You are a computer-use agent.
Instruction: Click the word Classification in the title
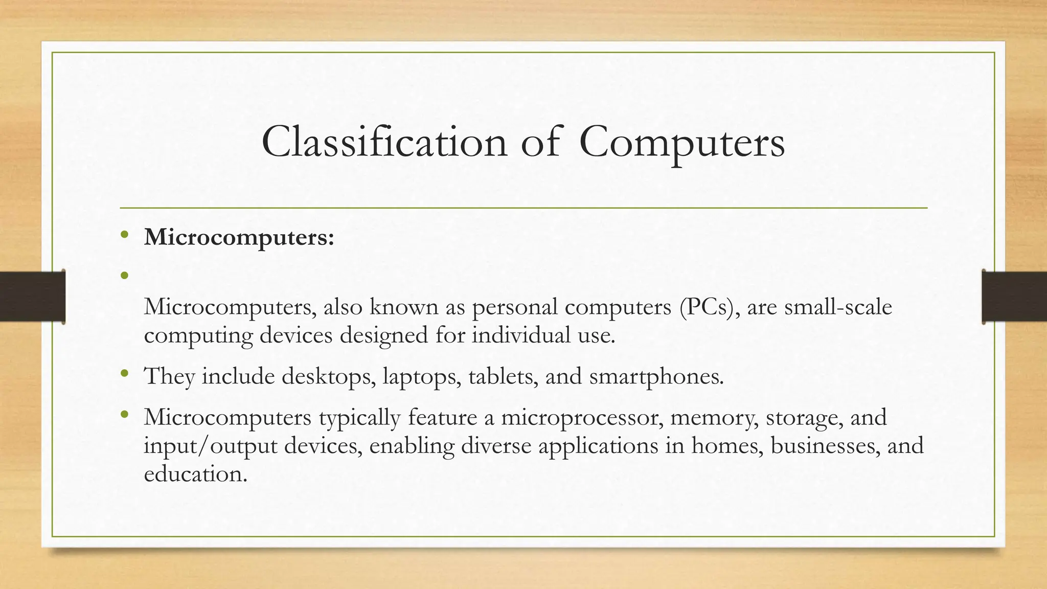[384, 143]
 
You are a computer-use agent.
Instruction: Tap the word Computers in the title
[682, 143]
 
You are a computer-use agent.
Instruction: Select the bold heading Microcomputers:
[239, 238]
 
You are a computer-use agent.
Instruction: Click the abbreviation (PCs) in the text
[710, 307]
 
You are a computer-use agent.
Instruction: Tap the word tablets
[503, 376]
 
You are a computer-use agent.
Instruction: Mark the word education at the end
[195, 474]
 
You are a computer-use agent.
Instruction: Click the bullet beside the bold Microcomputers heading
[124, 235]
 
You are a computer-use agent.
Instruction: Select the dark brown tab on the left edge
[32, 297]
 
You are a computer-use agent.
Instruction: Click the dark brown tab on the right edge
[1014, 297]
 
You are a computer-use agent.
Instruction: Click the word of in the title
[540, 143]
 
